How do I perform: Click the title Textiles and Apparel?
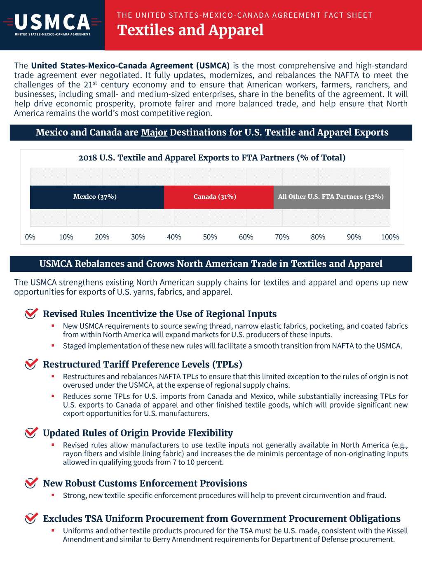pyautogui.click(x=190, y=30)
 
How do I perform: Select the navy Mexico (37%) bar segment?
pyautogui.click(x=97, y=197)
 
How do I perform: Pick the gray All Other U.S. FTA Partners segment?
pyautogui.click(x=331, y=197)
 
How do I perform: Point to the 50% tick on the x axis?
pyautogui.click(x=210, y=237)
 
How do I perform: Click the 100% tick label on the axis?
pyautogui.click(x=389, y=237)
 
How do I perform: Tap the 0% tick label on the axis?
pyautogui.click(x=30, y=237)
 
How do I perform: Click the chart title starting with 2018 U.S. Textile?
pyautogui.click(x=212, y=158)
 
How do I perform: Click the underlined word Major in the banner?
pyautogui.click(x=154, y=132)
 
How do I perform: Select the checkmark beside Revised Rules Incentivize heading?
pyautogui.click(x=31, y=313)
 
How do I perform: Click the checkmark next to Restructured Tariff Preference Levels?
pyautogui.click(x=31, y=364)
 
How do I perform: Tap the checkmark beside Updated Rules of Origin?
pyautogui.click(x=31, y=432)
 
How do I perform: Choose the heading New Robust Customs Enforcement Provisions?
pyautogui.click(x=145, y=483)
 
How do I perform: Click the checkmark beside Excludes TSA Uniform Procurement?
pyautogui.click(x=31, y=518)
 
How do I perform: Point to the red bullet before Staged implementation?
pyautogui.click(x=53, y=345)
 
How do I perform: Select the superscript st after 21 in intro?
pyautogui.click(x=95, y=83)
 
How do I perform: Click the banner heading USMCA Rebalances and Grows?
pyautogui.click(x=211, y=264)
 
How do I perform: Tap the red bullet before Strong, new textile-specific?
pyautogui.click(x=53, y=495)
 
